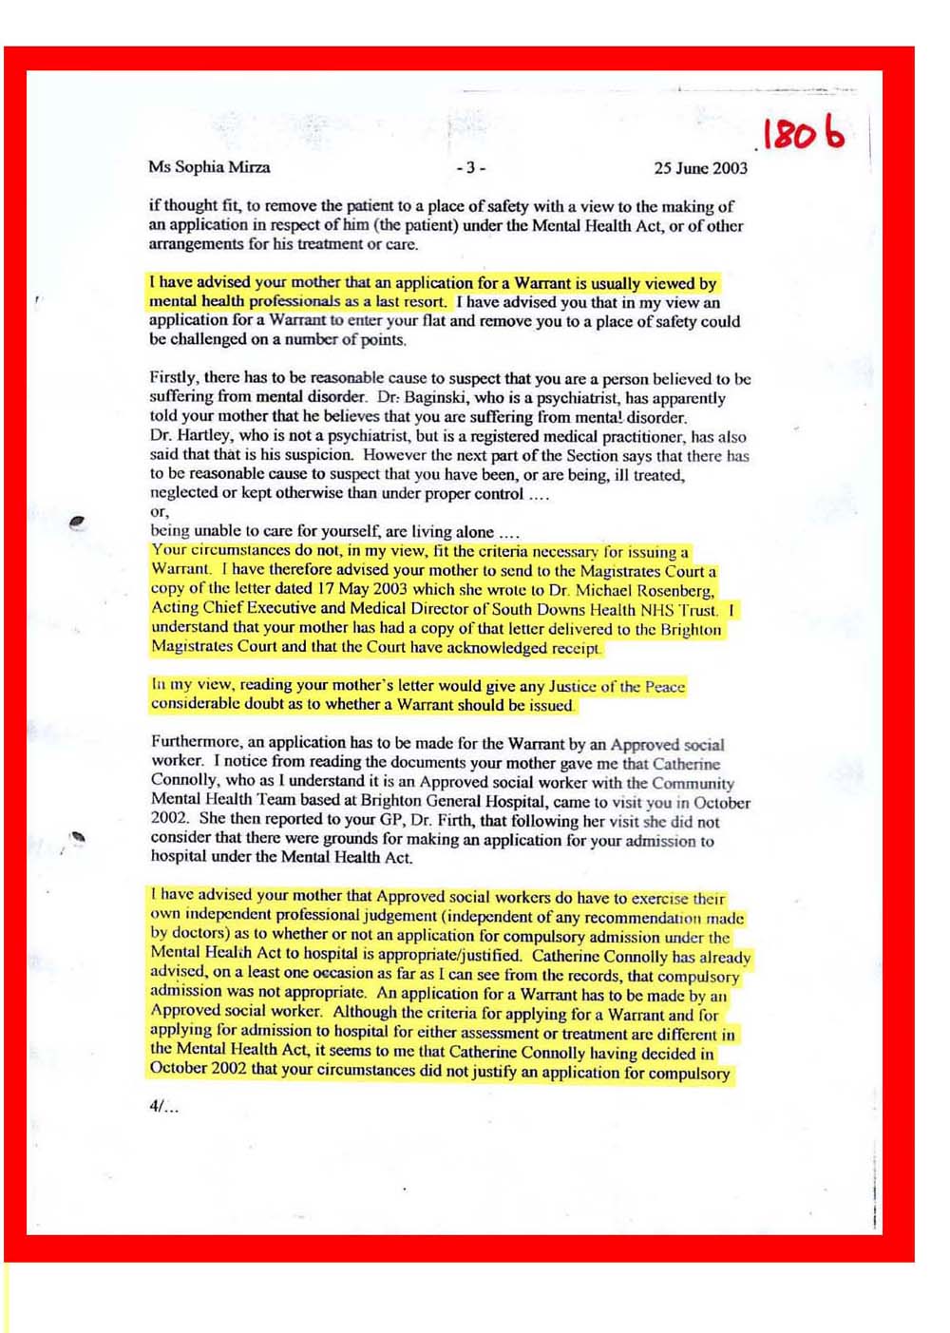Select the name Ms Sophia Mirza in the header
[209, 167]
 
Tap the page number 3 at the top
[470, 168]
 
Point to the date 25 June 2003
[700, 168]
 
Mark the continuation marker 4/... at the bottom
[163, 1106]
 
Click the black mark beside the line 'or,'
[78, 521]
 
